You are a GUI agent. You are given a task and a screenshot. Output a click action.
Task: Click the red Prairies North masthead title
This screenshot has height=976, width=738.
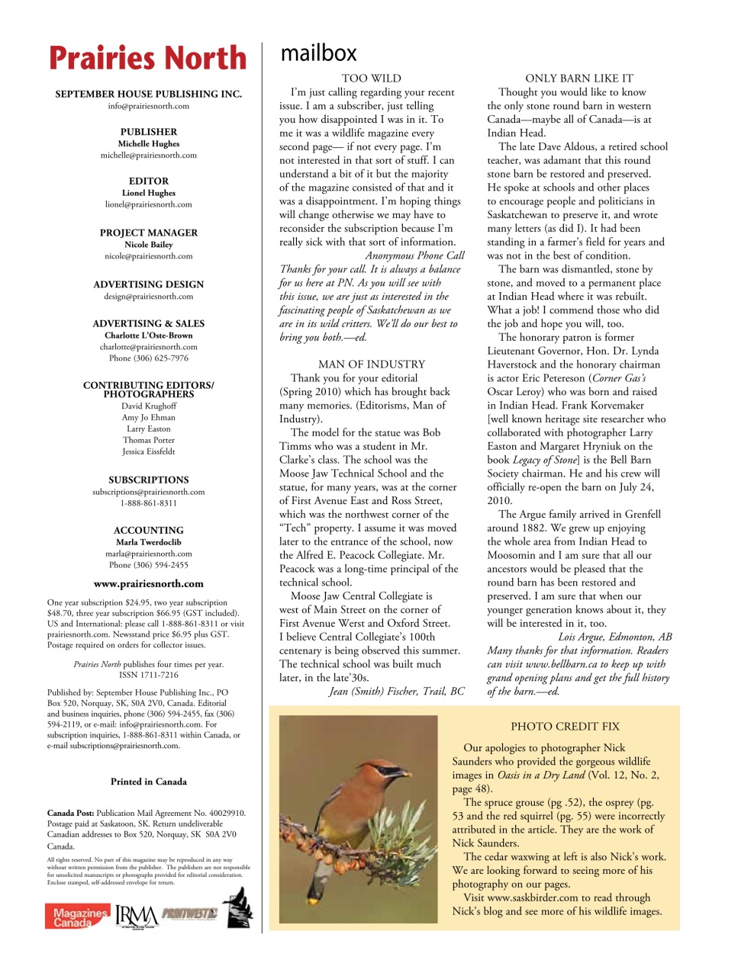[x=148, y=58]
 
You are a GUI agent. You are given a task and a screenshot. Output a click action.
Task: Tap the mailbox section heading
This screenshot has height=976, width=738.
[x=318, y=53]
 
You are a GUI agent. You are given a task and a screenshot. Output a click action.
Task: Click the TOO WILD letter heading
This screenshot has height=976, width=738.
[x=371, y=78]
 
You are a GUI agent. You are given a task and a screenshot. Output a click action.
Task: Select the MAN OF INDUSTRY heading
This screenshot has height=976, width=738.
[x=371, y=364]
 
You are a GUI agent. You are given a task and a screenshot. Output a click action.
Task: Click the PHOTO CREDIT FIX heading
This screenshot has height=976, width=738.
[x=565, y=727]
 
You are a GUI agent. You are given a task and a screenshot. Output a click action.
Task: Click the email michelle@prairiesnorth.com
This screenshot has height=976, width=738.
[x=149, y=155]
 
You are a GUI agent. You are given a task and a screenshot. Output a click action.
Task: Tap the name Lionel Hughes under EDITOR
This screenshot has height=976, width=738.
[x=149, y=193]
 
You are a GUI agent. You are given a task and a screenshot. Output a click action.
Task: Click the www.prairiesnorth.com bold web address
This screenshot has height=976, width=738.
[x=149, y=584]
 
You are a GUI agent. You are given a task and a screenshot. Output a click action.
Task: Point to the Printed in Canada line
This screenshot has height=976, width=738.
[x=149, y=782]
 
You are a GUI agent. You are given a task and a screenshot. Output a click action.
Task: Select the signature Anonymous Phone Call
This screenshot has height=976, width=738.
[x=414, y=255]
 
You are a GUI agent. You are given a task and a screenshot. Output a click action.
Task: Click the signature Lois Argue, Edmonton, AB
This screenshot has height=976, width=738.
[x=614, y=637]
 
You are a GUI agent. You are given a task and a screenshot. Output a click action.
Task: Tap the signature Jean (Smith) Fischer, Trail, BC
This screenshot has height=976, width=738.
[x=396, y=691]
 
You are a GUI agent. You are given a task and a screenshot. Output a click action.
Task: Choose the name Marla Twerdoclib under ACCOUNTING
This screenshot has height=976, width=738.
[x=149, y=542]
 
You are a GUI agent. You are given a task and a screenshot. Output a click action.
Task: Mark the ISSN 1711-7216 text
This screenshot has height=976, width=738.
[x=149, y=675]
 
